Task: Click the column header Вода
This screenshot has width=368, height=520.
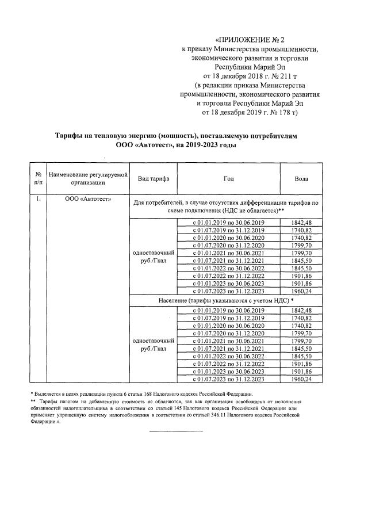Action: tap(301, 179)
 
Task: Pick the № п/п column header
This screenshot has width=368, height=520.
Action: tap(37, 179)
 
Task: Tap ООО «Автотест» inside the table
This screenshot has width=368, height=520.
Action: tap(87, 200)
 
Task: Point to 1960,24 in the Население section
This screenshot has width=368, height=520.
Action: tap(301, 379)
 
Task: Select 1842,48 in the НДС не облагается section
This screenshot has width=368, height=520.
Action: tap(301, 223)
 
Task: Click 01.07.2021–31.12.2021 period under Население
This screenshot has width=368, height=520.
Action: tap(228, 349)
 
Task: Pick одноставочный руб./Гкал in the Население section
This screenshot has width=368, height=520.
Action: tap(153, 344)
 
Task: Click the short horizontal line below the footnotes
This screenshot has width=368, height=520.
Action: tap(176, 431)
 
